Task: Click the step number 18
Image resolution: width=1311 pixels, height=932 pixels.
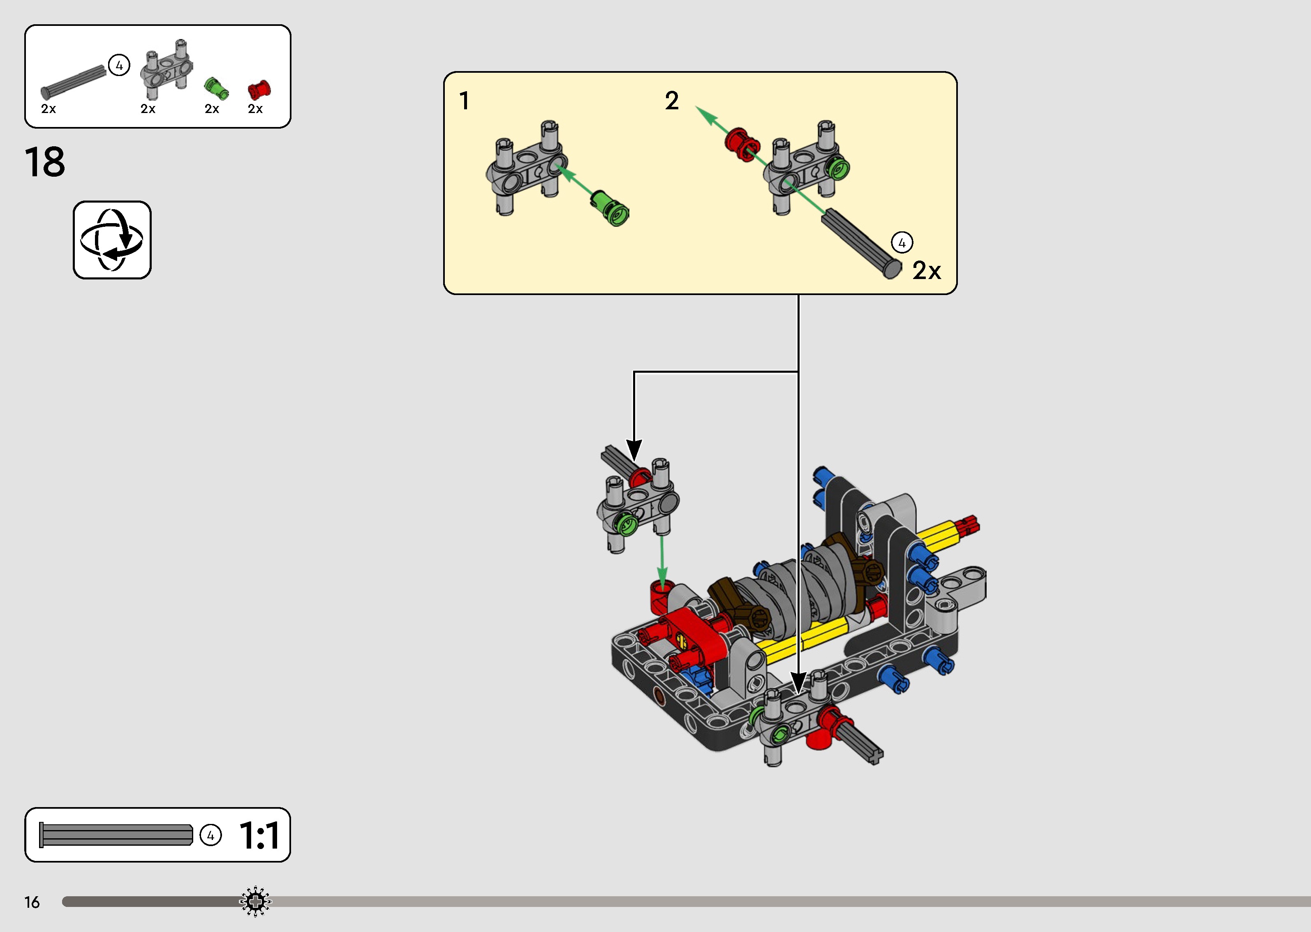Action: [45, 162]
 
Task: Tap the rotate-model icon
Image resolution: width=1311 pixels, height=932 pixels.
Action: [112, 240]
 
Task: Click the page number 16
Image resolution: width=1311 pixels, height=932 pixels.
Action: [32, 902]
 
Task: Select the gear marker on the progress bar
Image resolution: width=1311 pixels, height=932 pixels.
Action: [255, 902]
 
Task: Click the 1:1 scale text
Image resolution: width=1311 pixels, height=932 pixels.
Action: [259, 835]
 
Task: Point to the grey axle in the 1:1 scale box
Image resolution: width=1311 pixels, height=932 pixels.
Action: [116, 835]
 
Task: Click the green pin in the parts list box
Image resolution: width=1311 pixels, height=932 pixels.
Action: [216, 89]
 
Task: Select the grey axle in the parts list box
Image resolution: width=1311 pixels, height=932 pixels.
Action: [74, 83]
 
